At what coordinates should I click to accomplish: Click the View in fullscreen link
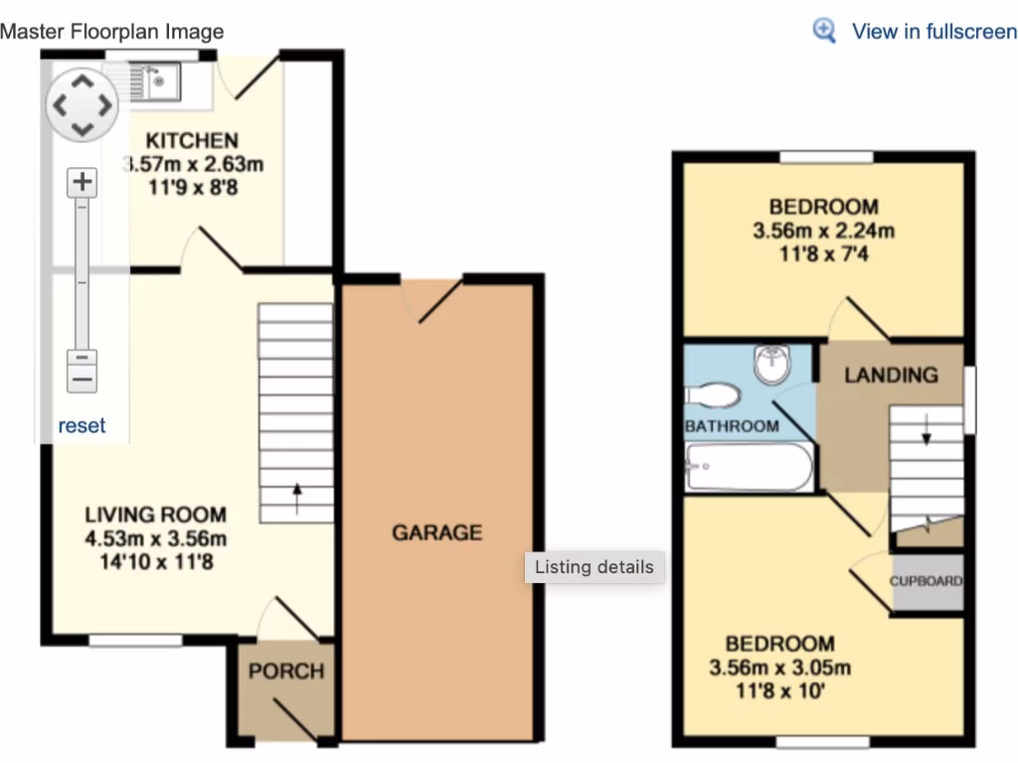click(933, 31)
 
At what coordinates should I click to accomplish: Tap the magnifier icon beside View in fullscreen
click(825, 31)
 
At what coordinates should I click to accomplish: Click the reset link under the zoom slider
click(82, 426)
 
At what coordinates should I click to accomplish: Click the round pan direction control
click(83, 104)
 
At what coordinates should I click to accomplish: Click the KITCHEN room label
click(192, 140)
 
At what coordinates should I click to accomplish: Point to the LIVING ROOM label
click(155, 515)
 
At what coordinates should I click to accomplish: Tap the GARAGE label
click(436, 533)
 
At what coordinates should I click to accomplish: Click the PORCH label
click(286, 671)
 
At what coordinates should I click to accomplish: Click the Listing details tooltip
click(594, 567)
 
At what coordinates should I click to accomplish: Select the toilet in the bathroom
click(713, 396)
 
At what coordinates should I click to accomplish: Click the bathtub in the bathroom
click(750, 468)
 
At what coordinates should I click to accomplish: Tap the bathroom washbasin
click(773, 365)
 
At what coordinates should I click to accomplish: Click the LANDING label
click(891, 375)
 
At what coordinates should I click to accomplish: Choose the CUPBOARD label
click(926, 581)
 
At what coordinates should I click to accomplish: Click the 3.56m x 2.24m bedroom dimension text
click(824, 231)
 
